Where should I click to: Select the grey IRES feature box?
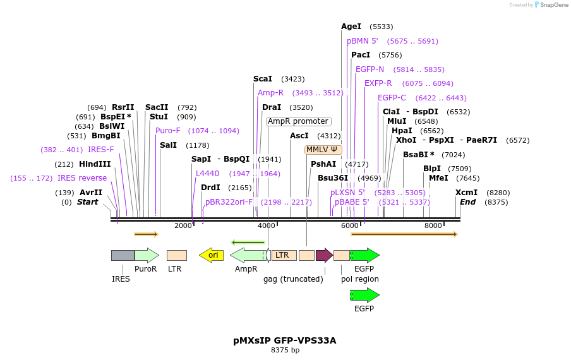[123, 255]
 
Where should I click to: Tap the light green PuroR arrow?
[147, 255]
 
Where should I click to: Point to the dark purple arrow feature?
[324, 255]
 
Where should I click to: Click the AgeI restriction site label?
[351, 27]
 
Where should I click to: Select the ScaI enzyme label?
[262, 79]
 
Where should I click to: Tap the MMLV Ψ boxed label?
[323, 150]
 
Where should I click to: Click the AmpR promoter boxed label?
[298, 121]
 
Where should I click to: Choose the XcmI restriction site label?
[466, 193]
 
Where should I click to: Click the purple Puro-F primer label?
[168, 131]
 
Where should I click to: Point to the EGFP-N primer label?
[370, 69]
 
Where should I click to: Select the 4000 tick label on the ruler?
[267, 225]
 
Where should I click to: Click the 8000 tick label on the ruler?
[433, 225]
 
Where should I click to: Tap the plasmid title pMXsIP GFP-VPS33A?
[285, 340]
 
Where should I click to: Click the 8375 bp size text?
[285, 350]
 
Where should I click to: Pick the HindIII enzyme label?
[95, 164]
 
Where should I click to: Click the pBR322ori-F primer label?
[229, 202]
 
